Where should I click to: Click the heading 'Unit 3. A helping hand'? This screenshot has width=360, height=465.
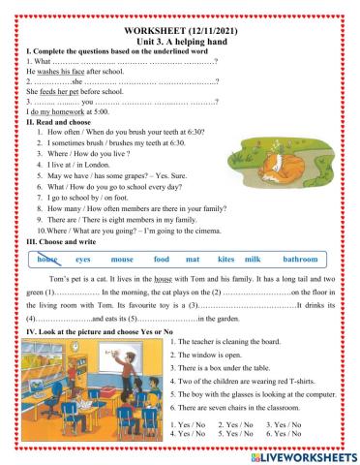tap(180, 20)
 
